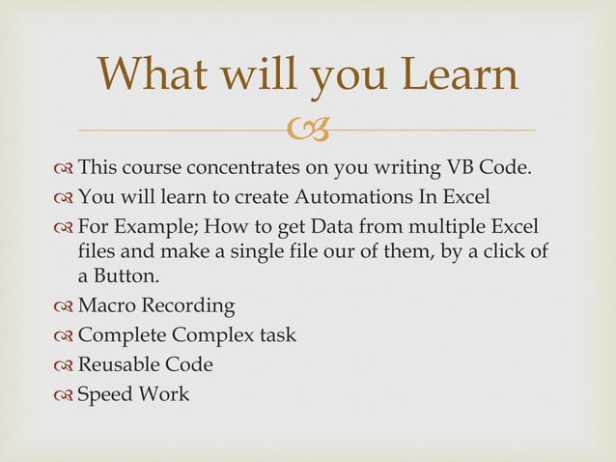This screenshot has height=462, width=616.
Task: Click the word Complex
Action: coord(213,336)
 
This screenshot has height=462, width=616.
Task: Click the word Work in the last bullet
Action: coord(165,393)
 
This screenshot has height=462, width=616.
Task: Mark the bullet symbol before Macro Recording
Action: coord(64,307)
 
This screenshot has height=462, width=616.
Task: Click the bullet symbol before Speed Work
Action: coord(64,394)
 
